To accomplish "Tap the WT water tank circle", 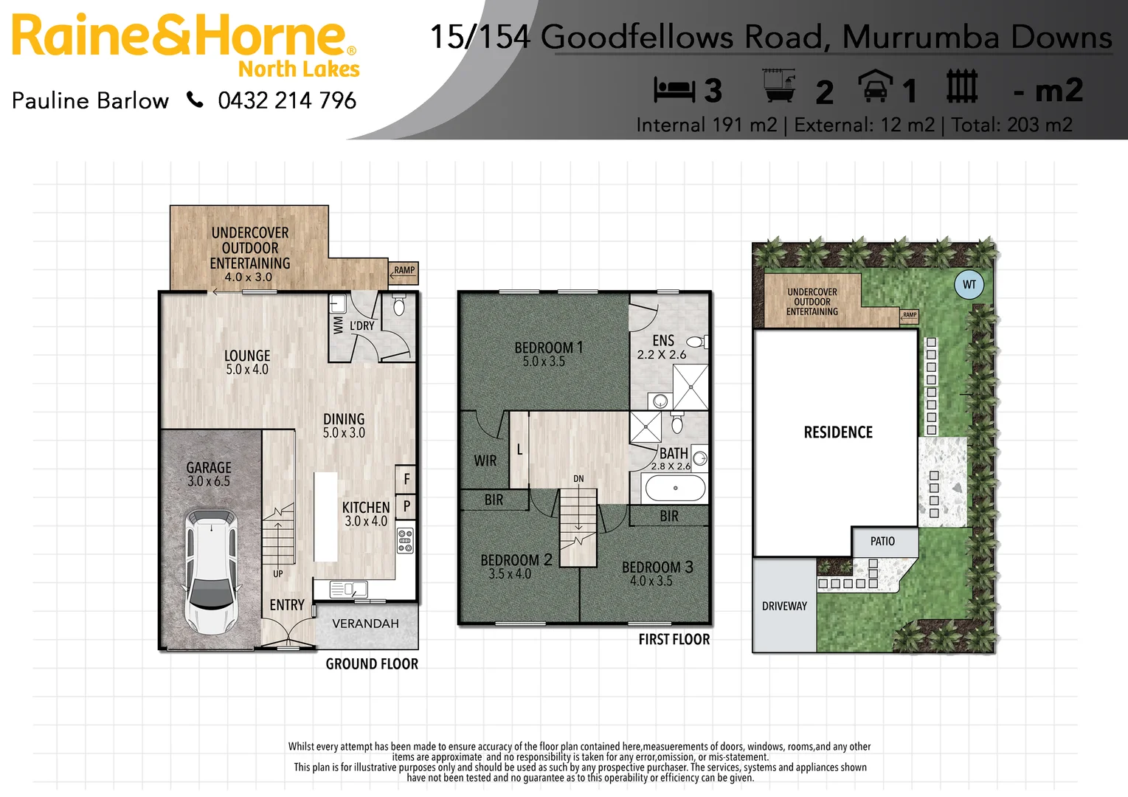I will (x=969, y=285).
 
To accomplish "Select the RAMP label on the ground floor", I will (x=404, y=271).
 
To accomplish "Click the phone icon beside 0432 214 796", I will (x=195, y=100).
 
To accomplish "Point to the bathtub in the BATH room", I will (x=675, y=488).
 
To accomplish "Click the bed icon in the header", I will (x=674, y=90).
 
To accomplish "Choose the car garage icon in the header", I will (x=875, y=87).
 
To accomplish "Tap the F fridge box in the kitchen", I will (x=406, y=479).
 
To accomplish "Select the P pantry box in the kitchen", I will (x=406, y=506).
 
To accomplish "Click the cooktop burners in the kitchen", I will (x=405, y=540).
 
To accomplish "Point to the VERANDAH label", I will (x=365, y=624).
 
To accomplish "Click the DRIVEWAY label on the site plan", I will (x=784, y=606).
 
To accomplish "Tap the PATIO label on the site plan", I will (x=882, y=542).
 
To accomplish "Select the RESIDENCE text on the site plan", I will (x=838, y=432).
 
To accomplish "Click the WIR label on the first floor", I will (x=485, y=460).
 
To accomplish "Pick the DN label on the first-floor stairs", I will (x=578, y=479).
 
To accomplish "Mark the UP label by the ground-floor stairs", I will (x=278, y=573).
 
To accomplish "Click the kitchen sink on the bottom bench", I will (x=349, y=589).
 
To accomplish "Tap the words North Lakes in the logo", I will (x=299, y=69).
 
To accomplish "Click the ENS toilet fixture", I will (x=696, y=342).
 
